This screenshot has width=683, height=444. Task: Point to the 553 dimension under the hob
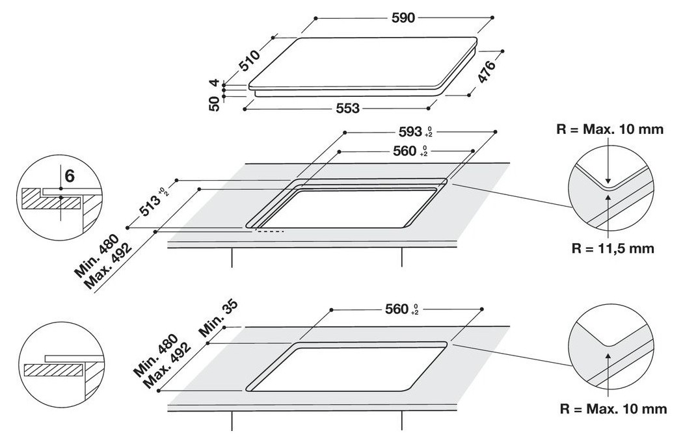(347, 109)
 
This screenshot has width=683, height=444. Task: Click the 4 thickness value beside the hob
(213, 84)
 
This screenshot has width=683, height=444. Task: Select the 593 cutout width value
(410, 132)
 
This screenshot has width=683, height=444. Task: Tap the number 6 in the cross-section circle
(70, 176)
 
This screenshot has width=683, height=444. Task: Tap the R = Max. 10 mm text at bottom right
(613, 409)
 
